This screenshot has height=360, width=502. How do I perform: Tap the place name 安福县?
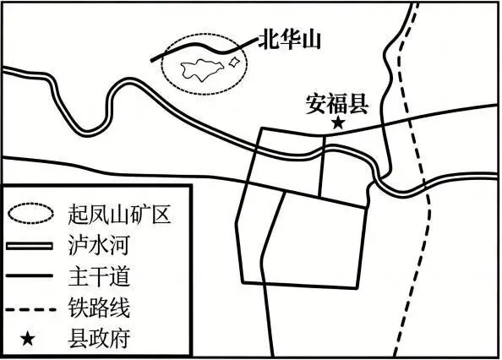click(x=337, y=104)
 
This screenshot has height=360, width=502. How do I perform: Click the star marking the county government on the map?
click(x=338, y=123)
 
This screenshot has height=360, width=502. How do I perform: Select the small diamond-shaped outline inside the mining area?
click(x=234, y=62)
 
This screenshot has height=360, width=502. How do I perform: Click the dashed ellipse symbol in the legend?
click(x=31, y=212)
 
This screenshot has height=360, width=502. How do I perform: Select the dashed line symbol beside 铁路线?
click(x=31, y=309)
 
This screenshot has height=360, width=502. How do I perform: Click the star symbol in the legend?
click(x=28, y=339)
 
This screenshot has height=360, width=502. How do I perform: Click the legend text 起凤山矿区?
click(x=119, y=213)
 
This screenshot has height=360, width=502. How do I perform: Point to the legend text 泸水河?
click(x=99, y=245)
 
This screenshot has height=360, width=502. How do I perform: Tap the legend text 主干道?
click(x=99, y=275)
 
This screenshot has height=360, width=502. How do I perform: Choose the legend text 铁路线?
click(x=99, y=308)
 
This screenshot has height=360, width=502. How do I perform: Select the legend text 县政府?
click(x=99, y=339)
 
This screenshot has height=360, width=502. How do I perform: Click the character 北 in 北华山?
click(x=270, y=40)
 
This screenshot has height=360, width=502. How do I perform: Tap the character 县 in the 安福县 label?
click(x=358, y=104)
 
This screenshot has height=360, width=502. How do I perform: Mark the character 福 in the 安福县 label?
click(x=337, y=104)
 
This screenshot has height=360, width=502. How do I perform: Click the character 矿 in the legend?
click(x=139, y=213)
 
